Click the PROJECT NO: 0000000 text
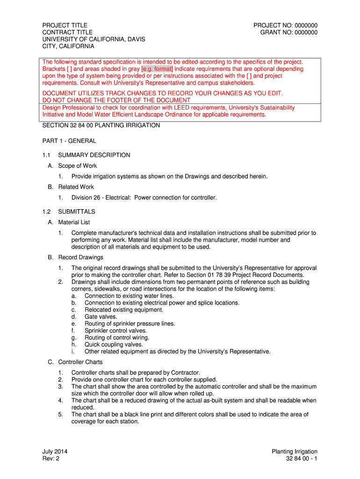point(285,25)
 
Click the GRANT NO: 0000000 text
point(288,32)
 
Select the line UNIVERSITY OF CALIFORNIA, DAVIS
point(94,39)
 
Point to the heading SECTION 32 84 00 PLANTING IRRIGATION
point(101,125)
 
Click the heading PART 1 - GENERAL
point(69,141)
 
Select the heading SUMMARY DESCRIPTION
point(94,155)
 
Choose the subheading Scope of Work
point(77,166)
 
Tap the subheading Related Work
point(76,187)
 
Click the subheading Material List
point(74,222)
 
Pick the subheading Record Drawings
point(80,257)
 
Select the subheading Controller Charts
point(80,362)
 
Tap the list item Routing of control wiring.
point(117,337)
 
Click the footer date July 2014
point(55,451)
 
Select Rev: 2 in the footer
point(51,458)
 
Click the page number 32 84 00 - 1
point(302,458)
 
